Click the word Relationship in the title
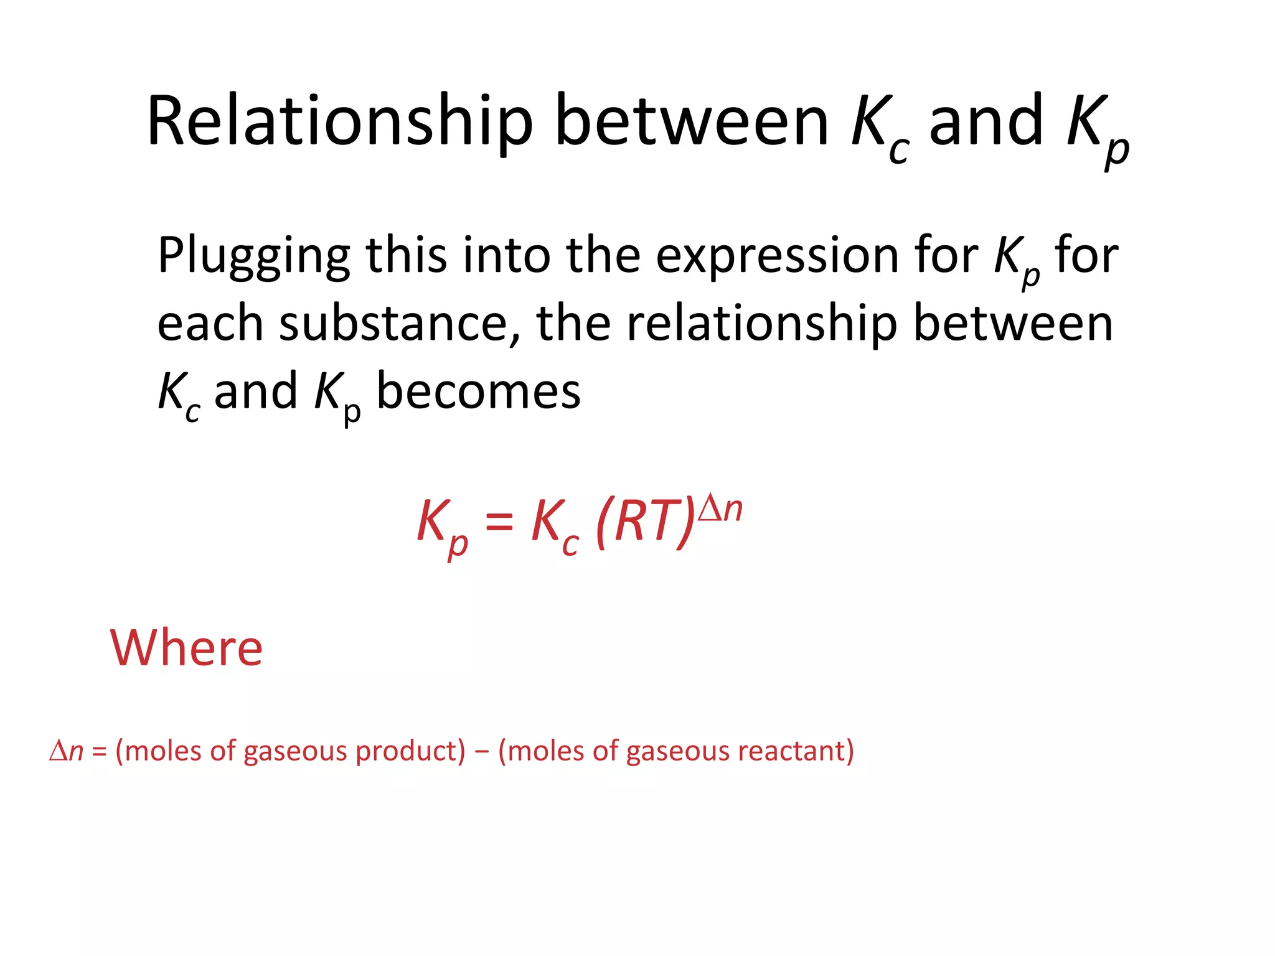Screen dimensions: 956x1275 340,121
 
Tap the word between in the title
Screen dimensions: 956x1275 691,121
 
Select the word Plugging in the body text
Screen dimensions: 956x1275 254,256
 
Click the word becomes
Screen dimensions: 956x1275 478,391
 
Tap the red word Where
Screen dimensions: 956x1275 187,648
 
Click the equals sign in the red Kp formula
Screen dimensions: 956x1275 499,522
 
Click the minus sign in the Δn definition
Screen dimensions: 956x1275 481,751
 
